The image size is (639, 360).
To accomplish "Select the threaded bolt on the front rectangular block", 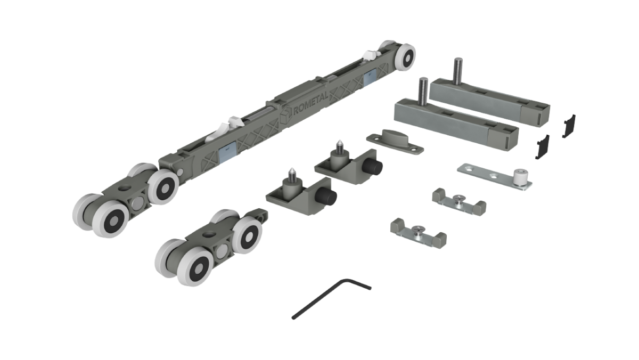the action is pos(423,91).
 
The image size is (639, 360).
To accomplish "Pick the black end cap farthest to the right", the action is pos(569,126).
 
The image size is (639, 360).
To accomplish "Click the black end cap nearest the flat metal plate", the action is pos(543,146).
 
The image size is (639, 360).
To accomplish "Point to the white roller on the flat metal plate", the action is pos(520,177).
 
